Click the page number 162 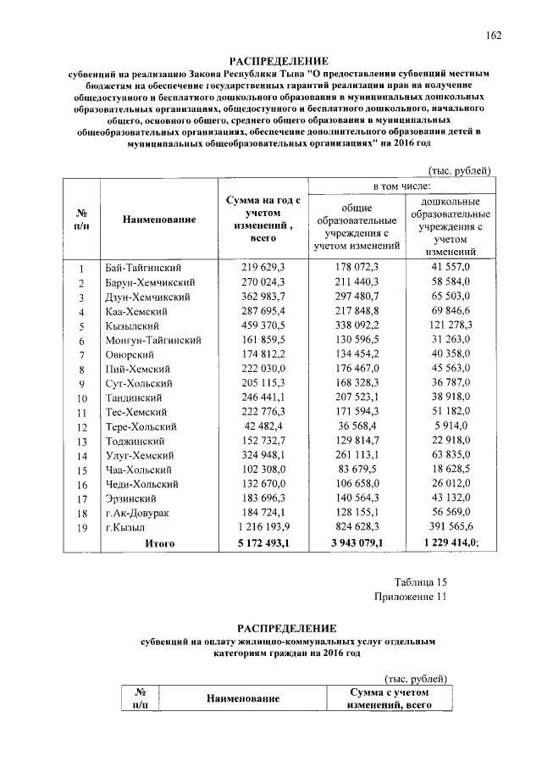point(494,35)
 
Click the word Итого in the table point(159,543)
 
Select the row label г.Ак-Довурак point(138,514)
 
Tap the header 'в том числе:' point(400,185)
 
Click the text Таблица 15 point(420,581)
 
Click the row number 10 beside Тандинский point(82,397)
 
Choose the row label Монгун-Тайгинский point(152,340)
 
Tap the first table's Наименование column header point(159,220)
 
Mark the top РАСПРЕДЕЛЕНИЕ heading point(279,62)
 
